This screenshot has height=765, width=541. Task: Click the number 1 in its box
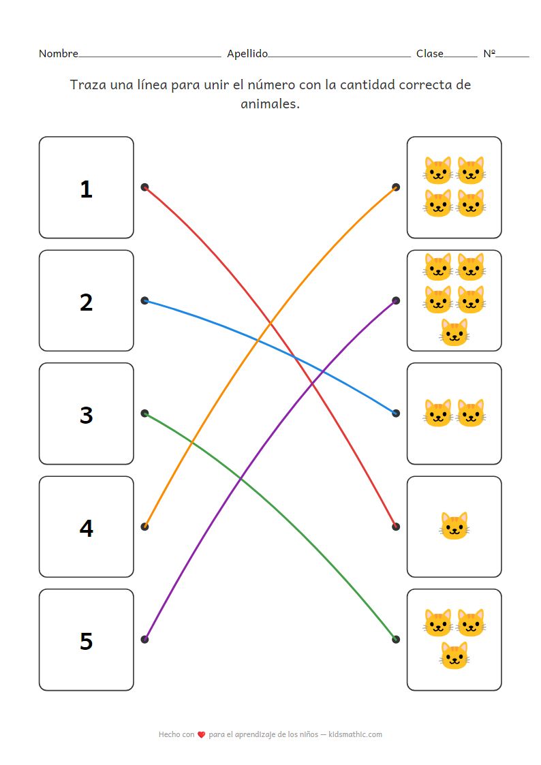[x=86, y=189]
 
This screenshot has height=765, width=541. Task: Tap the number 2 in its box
[x=86, y=302]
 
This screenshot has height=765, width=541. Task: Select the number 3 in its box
[x=86, y=415]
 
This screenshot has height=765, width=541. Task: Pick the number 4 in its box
[x=86, y=528]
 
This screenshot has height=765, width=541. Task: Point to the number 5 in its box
[x=86, y=641]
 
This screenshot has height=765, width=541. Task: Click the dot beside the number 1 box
[x=144, y=187]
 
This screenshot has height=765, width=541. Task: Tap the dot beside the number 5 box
[x=144, y=639]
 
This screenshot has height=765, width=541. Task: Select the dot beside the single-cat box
[x=396, y=527]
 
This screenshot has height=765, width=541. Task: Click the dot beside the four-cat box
[x=396, y=187]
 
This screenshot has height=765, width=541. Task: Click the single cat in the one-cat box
[x=454, y=527]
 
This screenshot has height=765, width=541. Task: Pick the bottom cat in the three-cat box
[x=454, y=655]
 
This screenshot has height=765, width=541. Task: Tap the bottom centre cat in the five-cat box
[x=454, y=332]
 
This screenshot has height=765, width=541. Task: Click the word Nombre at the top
[x=58, y=54]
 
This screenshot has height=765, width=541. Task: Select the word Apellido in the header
[x=247, y=54]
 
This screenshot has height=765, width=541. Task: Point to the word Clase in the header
[x=429, y=54]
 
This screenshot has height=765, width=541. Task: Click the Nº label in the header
[x=489, y=54]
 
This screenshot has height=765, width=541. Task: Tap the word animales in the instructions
[x=270, y=104]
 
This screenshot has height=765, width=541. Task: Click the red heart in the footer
[x=201, y=735]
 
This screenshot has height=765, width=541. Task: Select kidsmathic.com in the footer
[x=355, y=734]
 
